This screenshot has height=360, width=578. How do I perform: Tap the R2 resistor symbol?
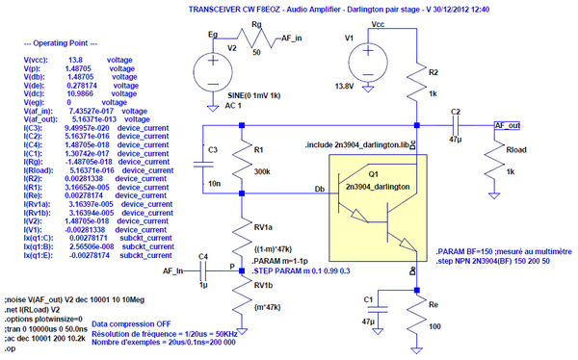pyautogui.click(x=416, y=88)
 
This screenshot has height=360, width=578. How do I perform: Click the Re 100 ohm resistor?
pyautogui.click(x=415, y=316)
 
